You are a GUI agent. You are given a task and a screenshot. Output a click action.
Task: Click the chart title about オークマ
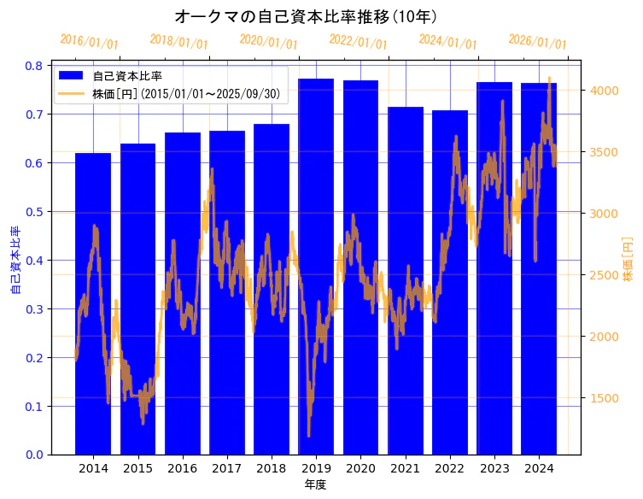pos(306,16)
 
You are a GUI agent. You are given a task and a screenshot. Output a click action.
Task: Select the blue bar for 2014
pos(93,303)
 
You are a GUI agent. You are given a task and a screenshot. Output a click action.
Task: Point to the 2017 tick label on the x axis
pos(227,468)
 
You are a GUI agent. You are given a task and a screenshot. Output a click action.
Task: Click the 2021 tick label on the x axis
pos(405,468)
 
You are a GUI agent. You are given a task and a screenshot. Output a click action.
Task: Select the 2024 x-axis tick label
pos(539,468)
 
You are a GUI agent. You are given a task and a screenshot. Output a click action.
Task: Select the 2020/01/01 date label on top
pos(269,41)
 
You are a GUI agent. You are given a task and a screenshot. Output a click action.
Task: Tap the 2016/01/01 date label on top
pos(90,41)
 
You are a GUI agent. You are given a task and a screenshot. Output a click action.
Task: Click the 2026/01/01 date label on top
pos(537,41)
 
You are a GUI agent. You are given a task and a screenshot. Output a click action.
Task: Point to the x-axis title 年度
pos(316,484)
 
